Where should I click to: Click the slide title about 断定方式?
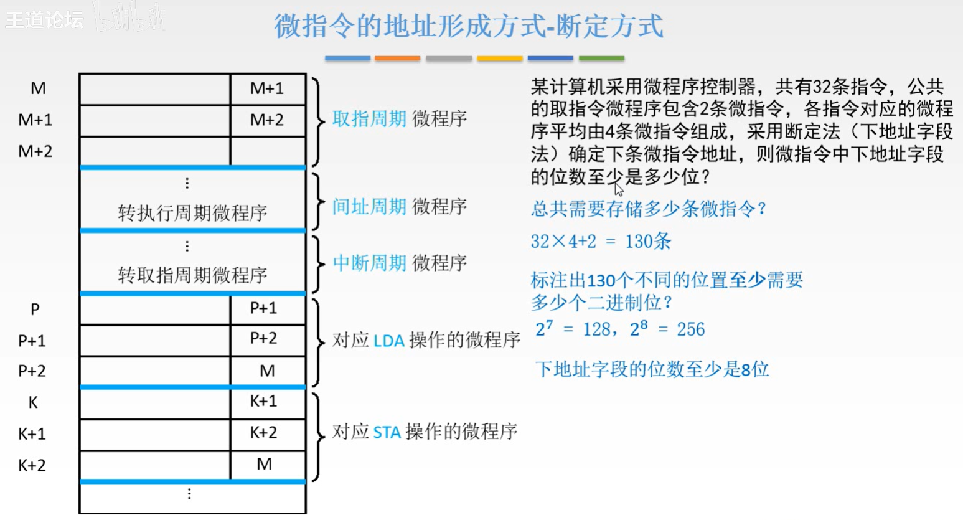(469, 26)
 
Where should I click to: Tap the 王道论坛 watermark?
(44, 19)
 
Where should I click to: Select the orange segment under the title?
(397, 59)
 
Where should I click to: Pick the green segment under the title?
(601, 59)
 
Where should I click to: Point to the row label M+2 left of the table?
(35, 151)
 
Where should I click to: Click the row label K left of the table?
(33, 403)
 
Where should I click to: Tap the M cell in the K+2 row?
(264, 464)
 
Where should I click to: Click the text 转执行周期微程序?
(192, 213)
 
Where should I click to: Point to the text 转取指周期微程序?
(192, 275)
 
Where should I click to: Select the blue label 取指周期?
(369, 118)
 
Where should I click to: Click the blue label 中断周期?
(369, 263)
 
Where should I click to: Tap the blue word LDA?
(389, 341)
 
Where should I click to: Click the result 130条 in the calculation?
(647, 242)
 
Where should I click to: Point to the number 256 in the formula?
(690, 329)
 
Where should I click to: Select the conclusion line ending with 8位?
(652, 369)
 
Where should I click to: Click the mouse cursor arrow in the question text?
(618, 189)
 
